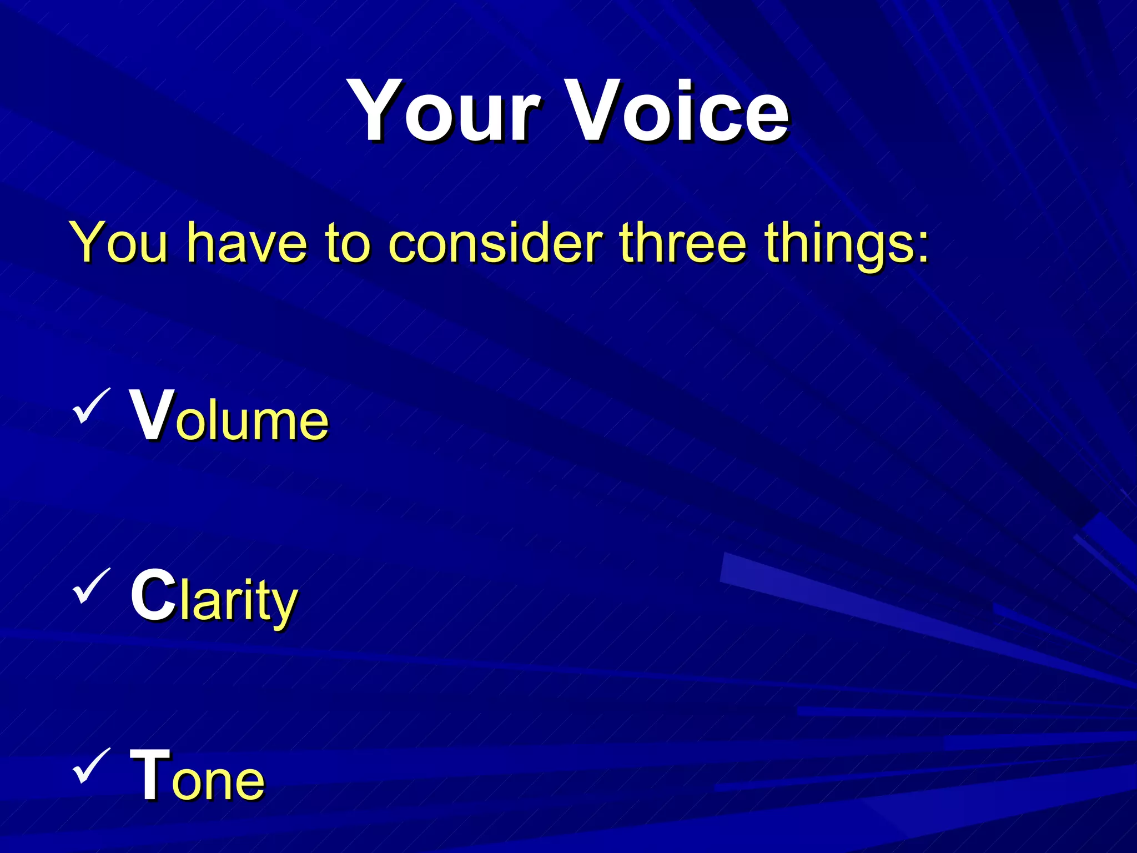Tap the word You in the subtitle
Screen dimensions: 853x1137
point(119,243)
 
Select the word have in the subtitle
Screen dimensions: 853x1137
point(246,243)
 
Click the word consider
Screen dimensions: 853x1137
point(495,243)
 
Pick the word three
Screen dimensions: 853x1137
point(683,243)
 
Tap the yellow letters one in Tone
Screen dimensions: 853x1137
point(218,780)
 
